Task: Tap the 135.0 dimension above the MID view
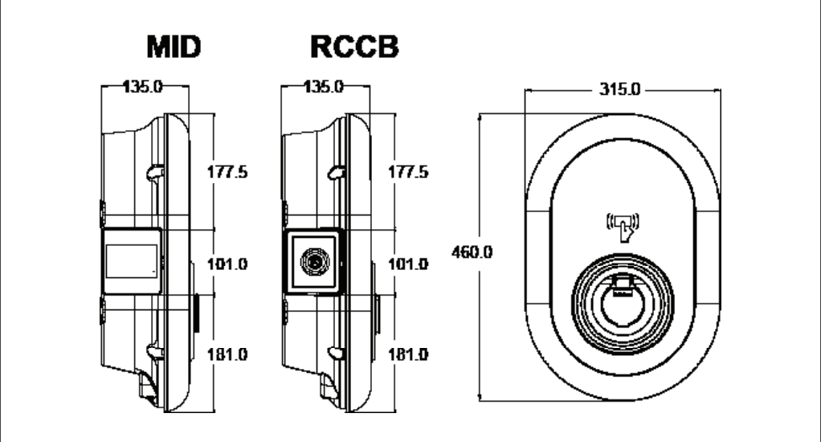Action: tap(143, 88)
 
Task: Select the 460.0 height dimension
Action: tap(471, 252)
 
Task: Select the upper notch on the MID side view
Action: tap(155, 171)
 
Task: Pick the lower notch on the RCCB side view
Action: tap(336, 350)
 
